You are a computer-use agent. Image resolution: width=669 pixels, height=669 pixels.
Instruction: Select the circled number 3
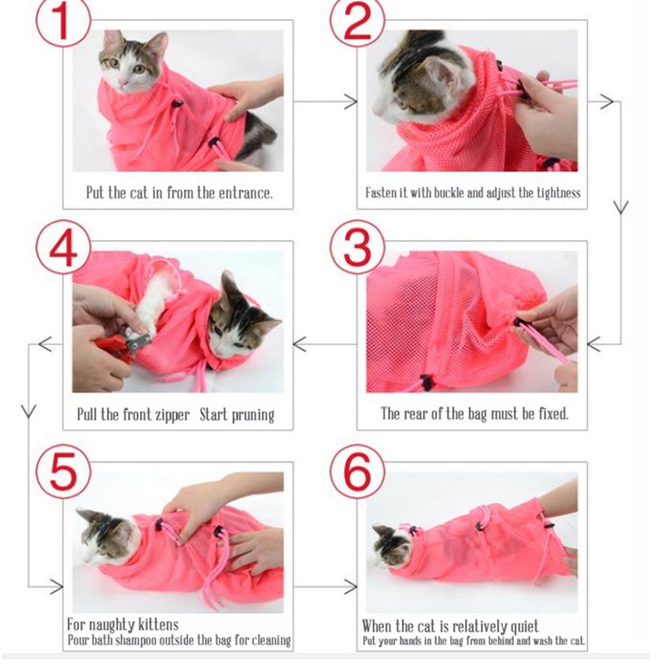pyautogui.click(x=357, y=247)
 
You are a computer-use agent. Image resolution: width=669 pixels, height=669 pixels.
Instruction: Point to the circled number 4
pyautogui.click(x=63, y=247)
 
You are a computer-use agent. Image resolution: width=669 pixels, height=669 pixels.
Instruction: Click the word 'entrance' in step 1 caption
pyautogui.click(x=245, y=194)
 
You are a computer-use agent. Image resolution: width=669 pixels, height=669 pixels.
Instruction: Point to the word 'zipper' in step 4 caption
pyautogui.click(x=171, y=415)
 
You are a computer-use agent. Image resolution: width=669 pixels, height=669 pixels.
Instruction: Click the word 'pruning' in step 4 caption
pyautogui.click(x=253, y=416)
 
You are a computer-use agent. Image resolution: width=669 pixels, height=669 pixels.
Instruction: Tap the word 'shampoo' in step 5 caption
pyautogui.click(x=139, y=641)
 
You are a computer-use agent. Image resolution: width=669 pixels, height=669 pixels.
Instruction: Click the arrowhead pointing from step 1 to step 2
pyautogui.click(x=351, y=102)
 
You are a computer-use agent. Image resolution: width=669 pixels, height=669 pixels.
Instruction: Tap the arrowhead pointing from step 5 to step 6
pyautogui.click(x=351, y=586)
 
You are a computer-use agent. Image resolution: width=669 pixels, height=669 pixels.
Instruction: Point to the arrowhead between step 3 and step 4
pyautogui.click(x=300, y=344)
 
